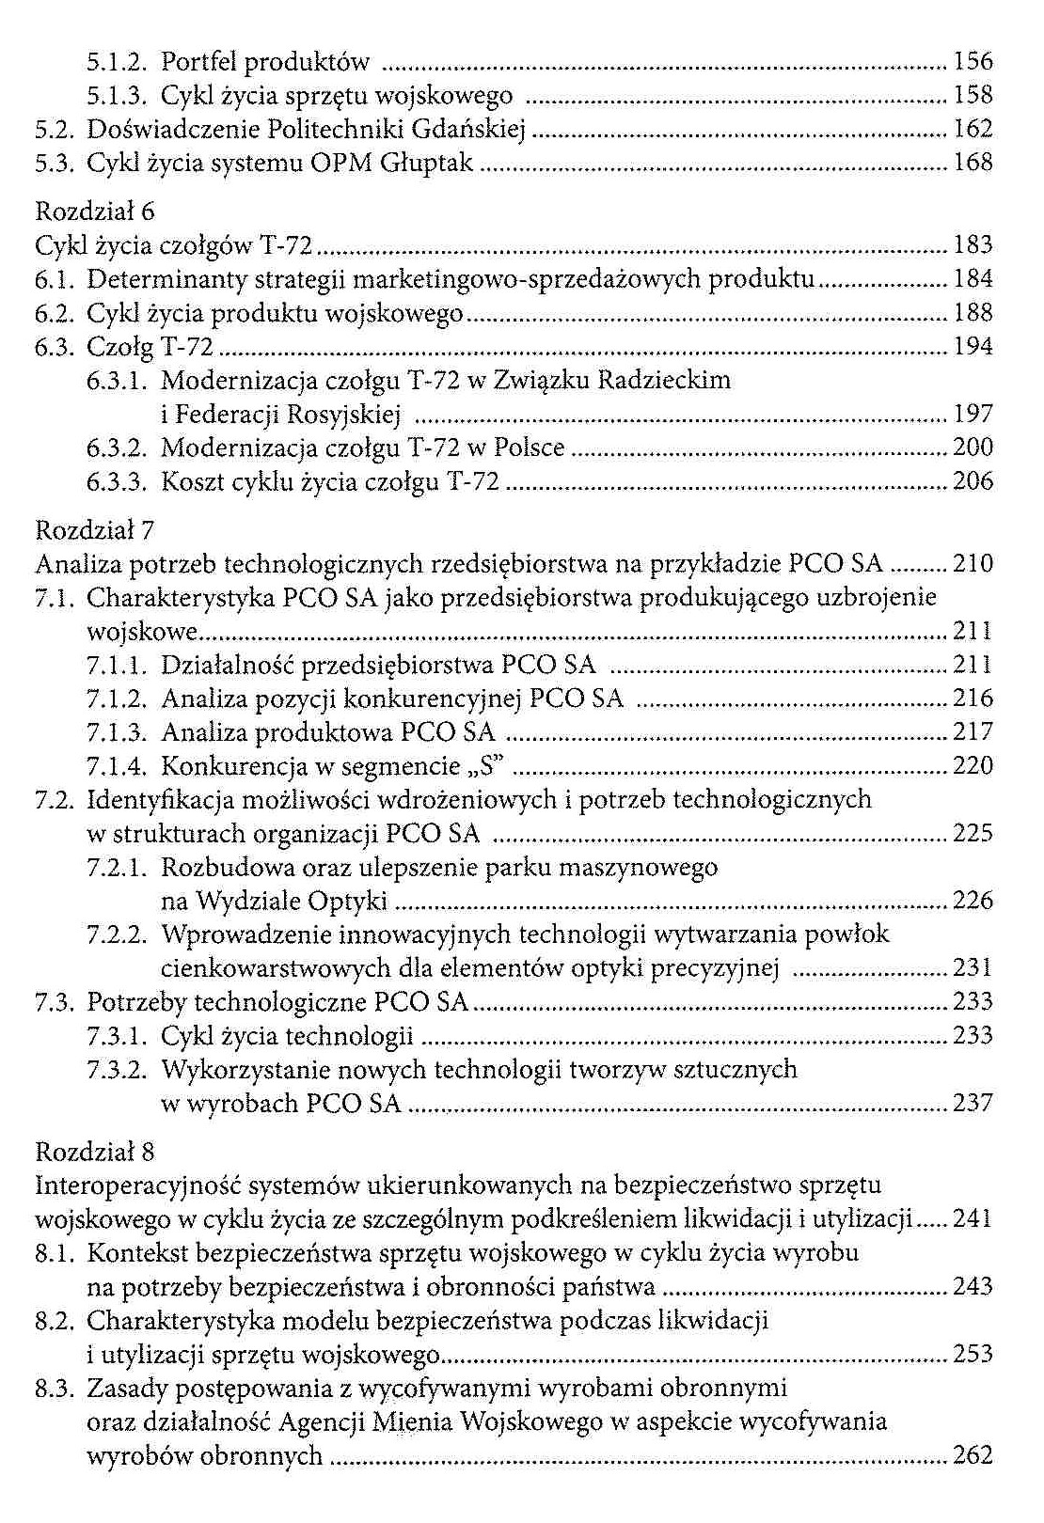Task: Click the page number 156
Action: point(973,62)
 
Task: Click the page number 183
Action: point(973,245)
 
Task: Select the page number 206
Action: point(973,481)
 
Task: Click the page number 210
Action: point(973,564)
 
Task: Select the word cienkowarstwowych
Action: point(277,968)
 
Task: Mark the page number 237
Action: point(973,1103)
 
